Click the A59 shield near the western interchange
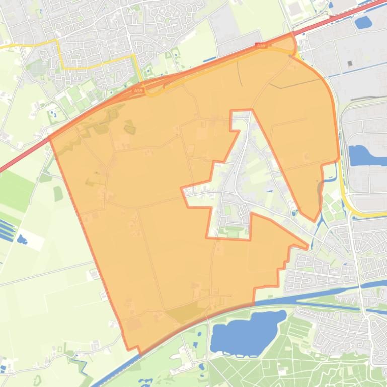(139, 91)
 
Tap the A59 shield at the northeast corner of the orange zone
(261, 46)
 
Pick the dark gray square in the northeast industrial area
(349, 64)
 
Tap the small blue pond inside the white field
(22, 239)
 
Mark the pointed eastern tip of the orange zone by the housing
(307, 246)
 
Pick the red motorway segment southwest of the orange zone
(20, 155)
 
